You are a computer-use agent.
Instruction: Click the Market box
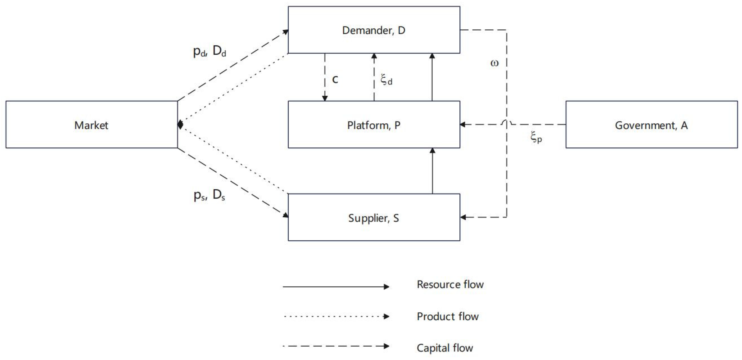(92, 125)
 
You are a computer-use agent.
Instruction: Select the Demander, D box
(374, 30)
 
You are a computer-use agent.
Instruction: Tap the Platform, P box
(374, 125)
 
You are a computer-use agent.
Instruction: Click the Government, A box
(652, 125)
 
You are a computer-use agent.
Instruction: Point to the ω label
(494, 63)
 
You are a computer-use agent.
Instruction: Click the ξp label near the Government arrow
(536, 138)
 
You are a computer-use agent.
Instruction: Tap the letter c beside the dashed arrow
(335, 79)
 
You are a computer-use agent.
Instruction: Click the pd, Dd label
(209, 51)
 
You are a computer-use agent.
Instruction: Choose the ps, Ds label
(209, 195)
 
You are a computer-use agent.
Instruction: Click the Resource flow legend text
(450, 285)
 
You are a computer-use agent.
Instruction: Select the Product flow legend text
(448, 316)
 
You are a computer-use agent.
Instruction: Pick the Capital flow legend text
(445, 348)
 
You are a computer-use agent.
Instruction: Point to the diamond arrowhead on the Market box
(180, 125)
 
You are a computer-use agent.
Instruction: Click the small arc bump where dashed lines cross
(507, 123)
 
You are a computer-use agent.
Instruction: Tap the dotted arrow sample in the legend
(336, 316)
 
